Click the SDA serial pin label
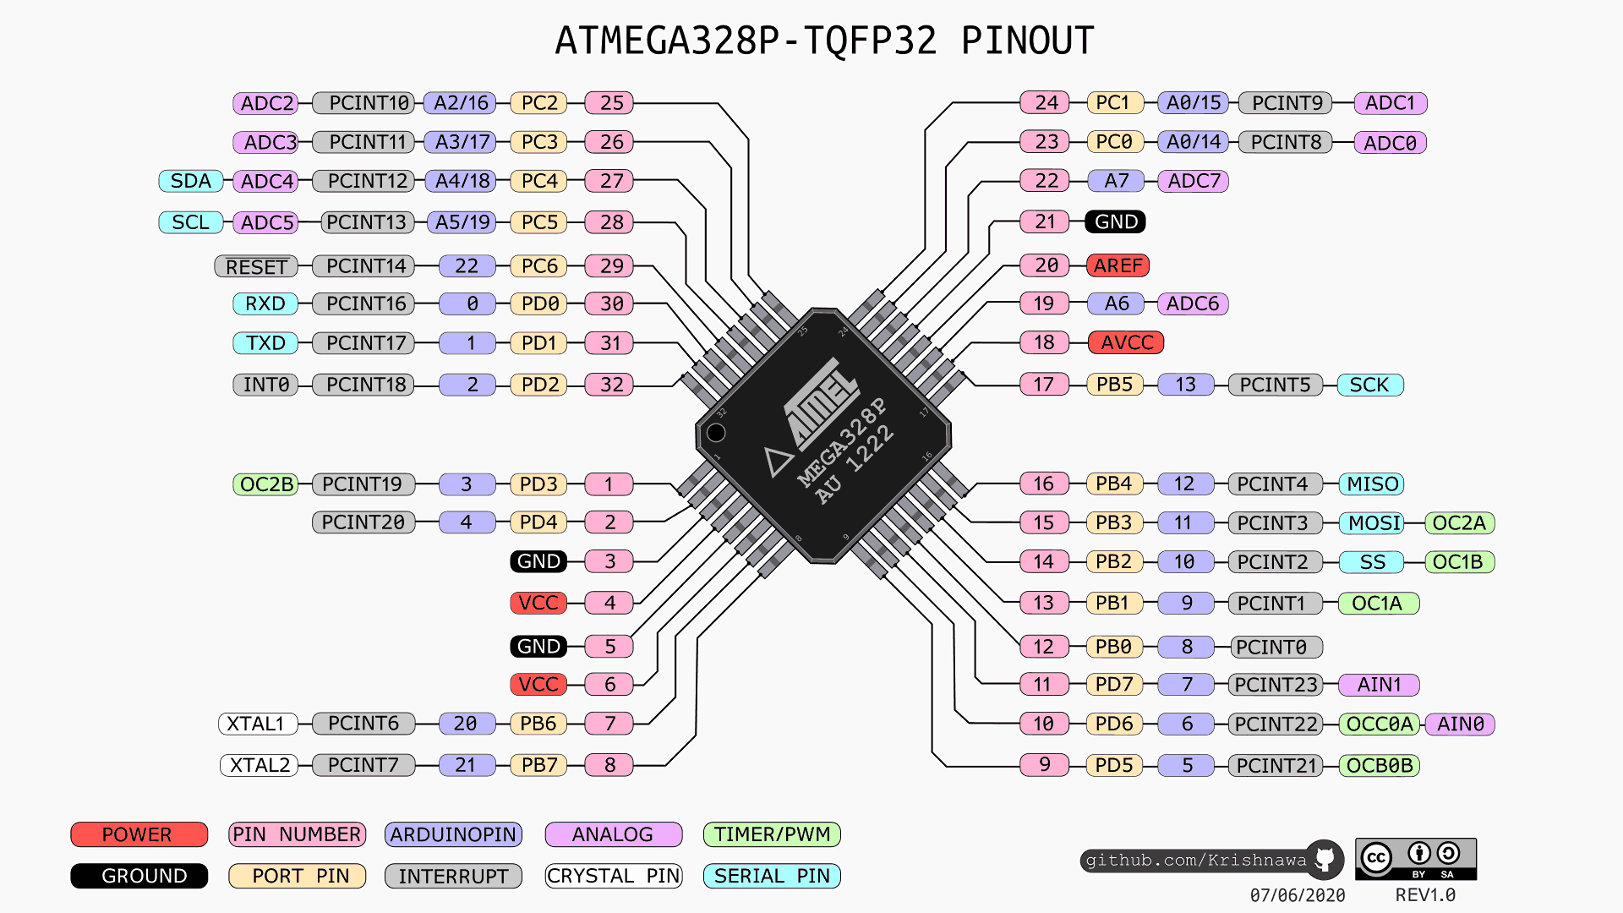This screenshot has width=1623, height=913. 190,181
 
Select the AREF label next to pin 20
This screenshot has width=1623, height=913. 1118,265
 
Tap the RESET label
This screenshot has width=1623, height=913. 256,267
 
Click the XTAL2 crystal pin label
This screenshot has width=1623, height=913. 260,765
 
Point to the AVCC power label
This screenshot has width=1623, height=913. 1126,342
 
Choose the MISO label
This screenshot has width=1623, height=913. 1371,484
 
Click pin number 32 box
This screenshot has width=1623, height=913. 610,385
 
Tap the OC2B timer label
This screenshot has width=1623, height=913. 265,484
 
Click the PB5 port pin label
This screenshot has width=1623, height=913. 1113,385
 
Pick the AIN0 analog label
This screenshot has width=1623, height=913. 1460,724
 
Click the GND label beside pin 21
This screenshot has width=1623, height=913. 1116,221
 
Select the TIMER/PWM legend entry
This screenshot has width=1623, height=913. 772,834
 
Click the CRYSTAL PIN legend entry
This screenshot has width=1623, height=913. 614,876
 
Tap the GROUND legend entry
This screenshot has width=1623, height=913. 139,876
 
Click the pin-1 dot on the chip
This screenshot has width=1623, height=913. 716,433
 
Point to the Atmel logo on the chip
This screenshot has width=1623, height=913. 820,402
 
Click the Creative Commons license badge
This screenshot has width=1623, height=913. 1416,859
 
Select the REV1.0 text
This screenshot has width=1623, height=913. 1425,894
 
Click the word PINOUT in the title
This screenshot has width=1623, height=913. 1027,41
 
